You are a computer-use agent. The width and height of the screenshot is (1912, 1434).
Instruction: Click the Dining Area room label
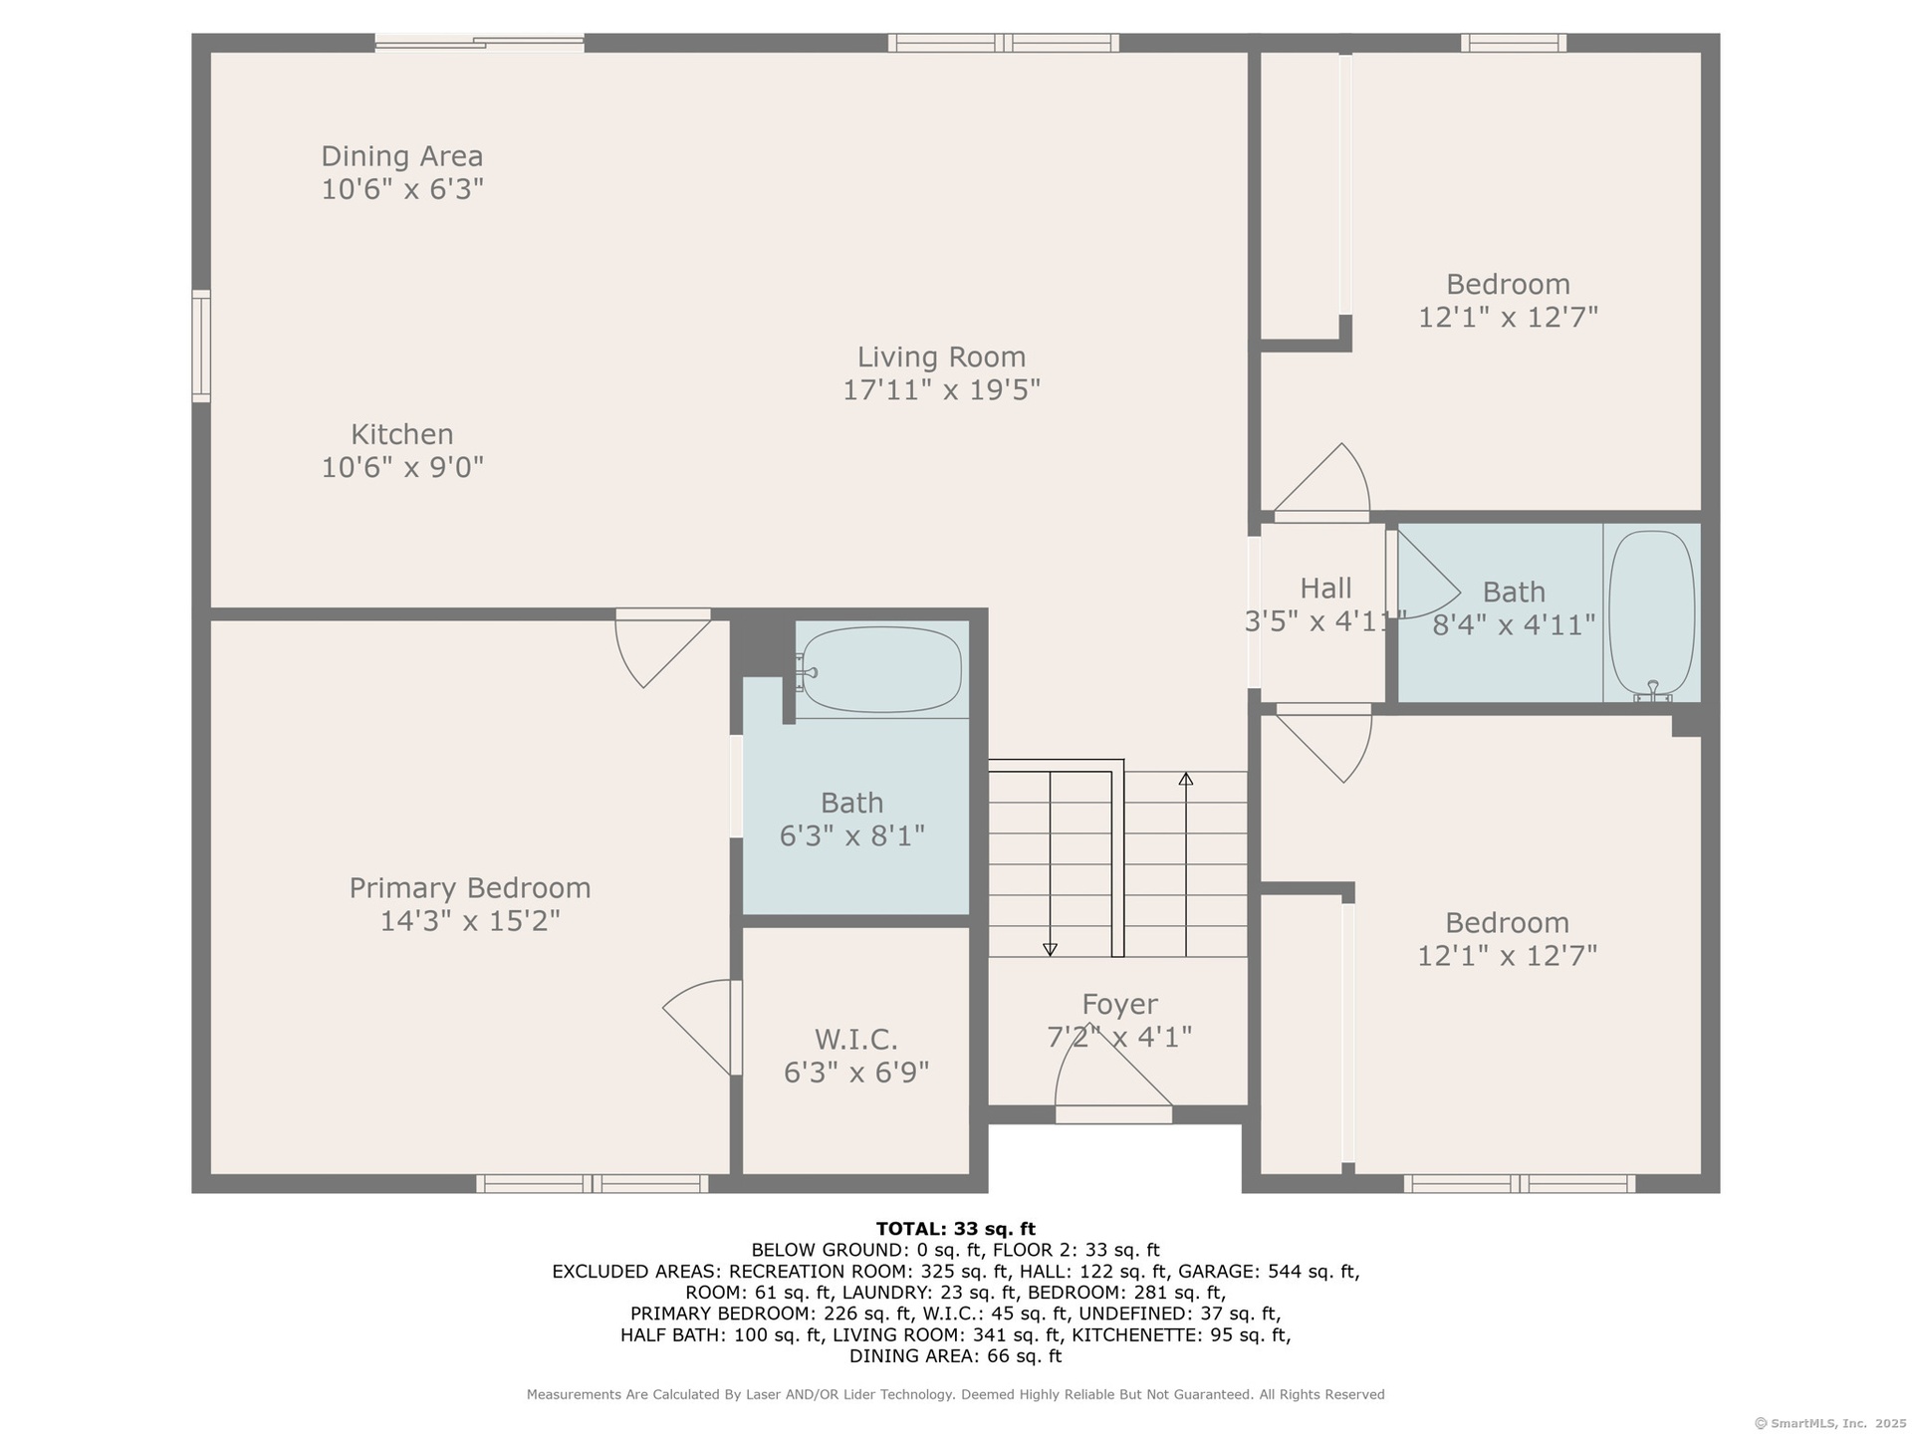click(x=402, y=156)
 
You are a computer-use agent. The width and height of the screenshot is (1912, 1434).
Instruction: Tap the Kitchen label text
click(x=402, y=434)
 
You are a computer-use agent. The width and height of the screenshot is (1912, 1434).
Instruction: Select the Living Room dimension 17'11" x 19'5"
click(x=941, y=389)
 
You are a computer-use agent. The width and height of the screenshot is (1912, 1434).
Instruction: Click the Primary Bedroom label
click(x=470, y=887)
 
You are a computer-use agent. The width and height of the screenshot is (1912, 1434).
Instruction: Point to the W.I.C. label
click(x=856, y=1040)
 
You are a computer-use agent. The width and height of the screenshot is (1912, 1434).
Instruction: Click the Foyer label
click(x=1120, y=1004)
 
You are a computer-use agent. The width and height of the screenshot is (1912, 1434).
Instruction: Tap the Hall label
click(x=1325, y=588)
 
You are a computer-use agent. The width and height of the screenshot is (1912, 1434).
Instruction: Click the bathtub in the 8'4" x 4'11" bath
click(x=1652, y=612)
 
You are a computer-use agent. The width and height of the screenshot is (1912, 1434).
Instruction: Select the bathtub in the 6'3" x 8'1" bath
click(x=881, y=669)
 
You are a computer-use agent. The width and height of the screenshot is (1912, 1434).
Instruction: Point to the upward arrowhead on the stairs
click(x=1185, y=779)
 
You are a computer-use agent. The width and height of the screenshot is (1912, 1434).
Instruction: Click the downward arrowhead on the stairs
click(x=1050, y=950)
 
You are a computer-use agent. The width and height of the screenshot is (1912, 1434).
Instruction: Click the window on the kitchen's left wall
click(x=201, y=347)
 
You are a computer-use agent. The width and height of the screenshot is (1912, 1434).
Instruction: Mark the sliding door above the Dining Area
click(x=479, y=43)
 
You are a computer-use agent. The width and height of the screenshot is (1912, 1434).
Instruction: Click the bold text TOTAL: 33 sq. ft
click(x=956, y=1229)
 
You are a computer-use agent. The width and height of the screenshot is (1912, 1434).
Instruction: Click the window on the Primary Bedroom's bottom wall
click(x=593, y=1184)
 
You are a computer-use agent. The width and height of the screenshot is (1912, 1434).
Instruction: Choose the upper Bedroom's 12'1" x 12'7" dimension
click(x=1508, y=317)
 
